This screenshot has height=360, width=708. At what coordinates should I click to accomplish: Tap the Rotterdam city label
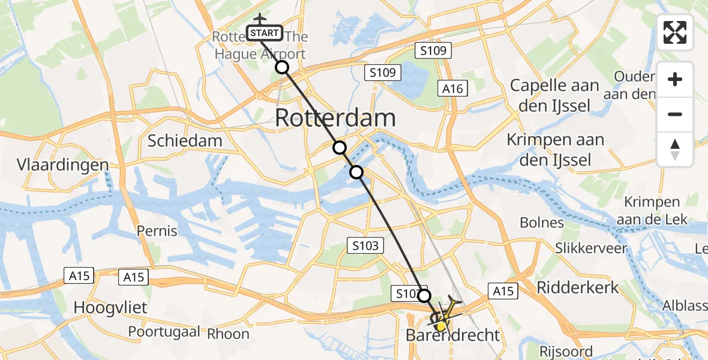pos(335,118)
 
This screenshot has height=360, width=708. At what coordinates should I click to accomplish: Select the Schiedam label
pos(185,141)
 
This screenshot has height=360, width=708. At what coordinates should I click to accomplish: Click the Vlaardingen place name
pos(63,165)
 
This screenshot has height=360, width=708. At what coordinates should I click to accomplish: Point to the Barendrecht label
pos(453,335)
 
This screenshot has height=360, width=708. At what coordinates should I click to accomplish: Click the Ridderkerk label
pos(577,287)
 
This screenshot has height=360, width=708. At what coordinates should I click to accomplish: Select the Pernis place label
pos(157,230)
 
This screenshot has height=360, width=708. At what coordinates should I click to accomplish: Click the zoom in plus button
pos(675,80)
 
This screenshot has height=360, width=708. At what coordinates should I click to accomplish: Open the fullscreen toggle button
pos(675,32)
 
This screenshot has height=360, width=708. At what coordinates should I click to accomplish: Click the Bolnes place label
pos(541,223)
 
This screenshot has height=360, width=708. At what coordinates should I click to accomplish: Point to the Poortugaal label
pos(164,332)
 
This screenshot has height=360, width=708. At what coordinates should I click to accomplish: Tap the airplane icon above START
pos(259,19)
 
